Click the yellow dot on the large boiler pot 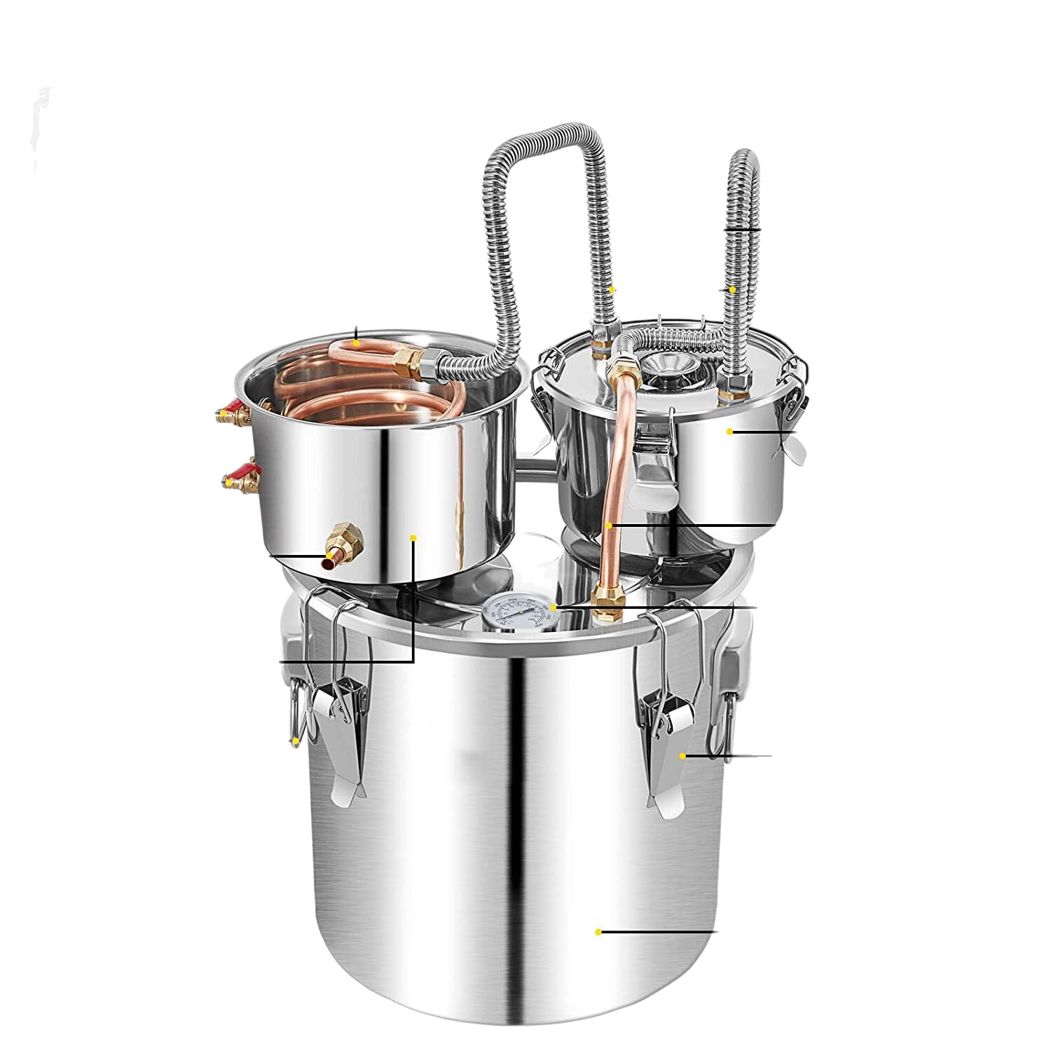coord(598,932)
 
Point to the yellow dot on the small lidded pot coord(729,432)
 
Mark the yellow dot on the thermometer coord(553,605)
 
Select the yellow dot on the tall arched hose coord(612,289)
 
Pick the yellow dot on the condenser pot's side coord(413,538)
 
